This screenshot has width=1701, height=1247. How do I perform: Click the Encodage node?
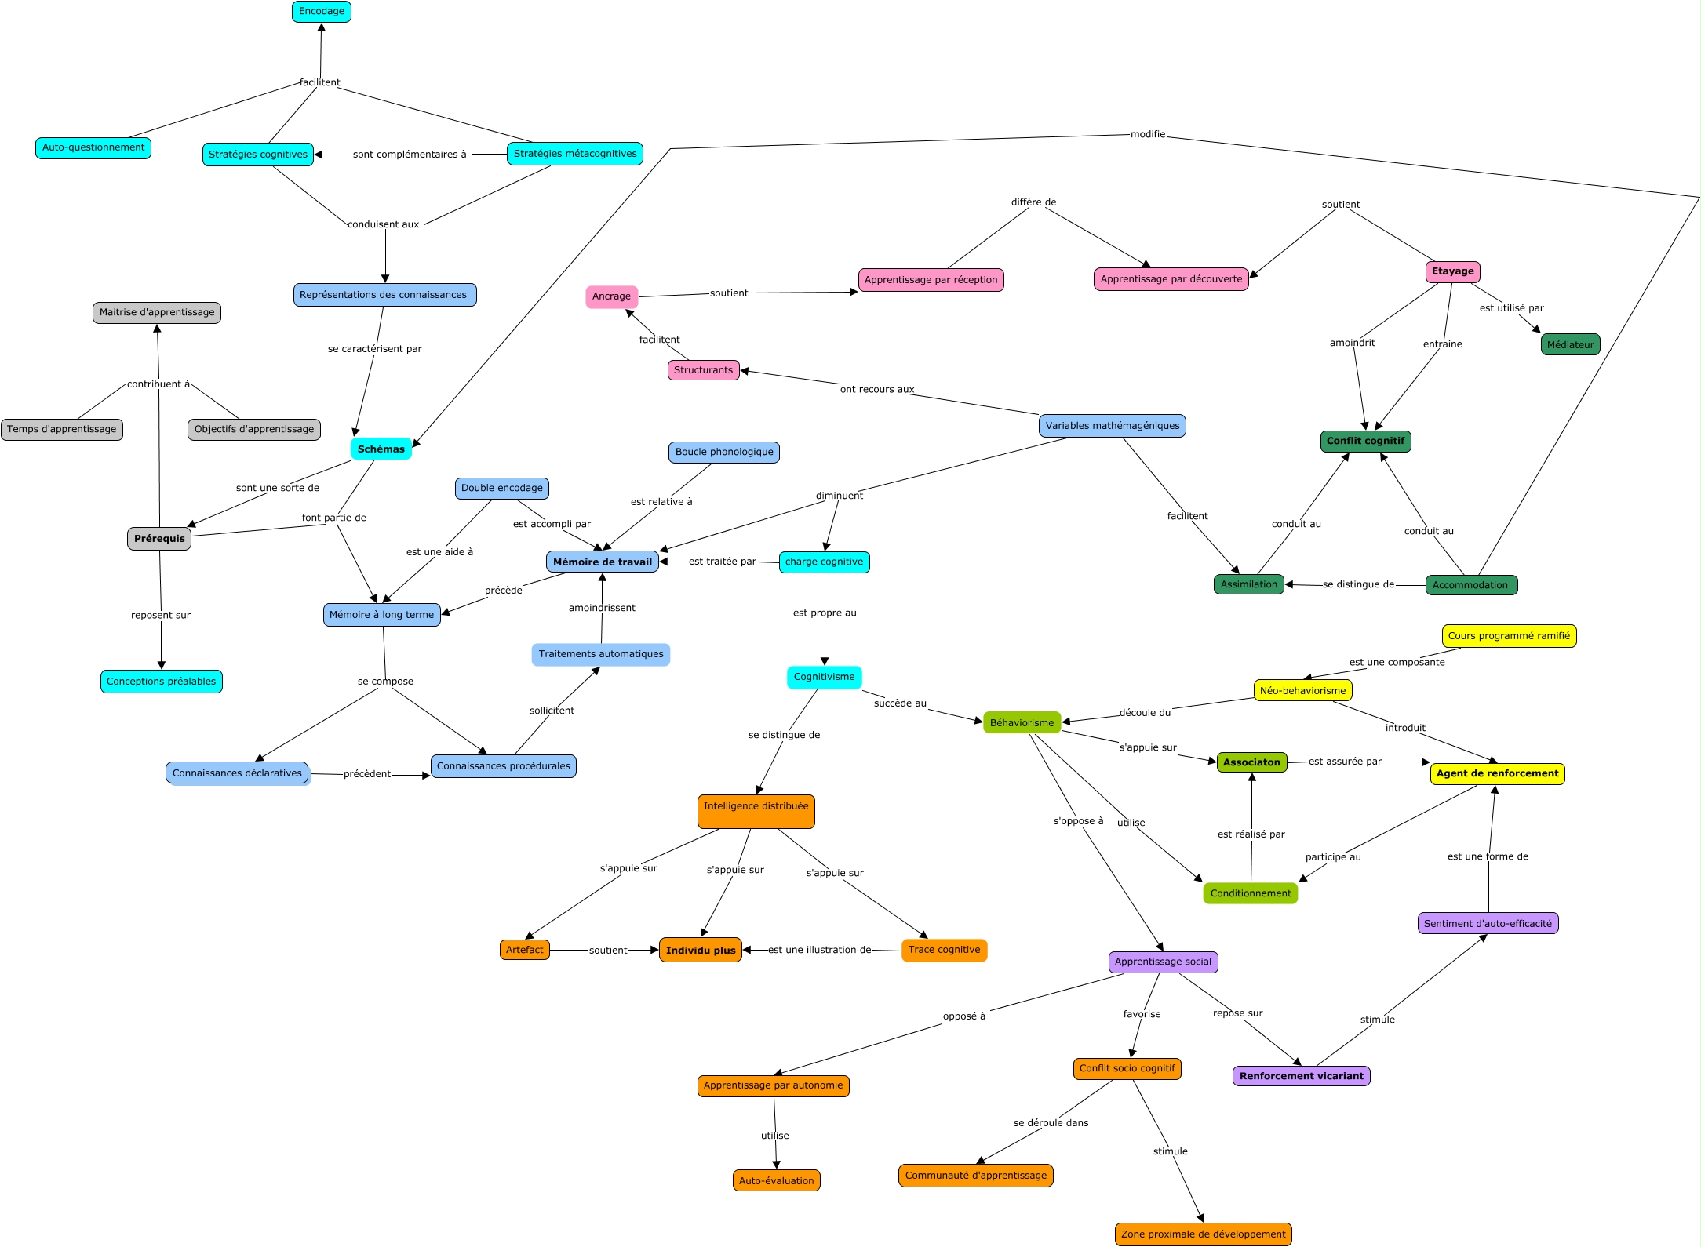click(322, 12)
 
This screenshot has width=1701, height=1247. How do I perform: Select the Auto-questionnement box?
click(93, 147)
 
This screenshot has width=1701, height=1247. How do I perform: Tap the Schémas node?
click(381, 449)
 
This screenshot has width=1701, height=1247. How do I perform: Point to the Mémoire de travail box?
click(603, 562)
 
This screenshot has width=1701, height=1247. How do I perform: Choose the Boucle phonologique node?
click(724, 452)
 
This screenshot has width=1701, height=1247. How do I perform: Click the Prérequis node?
click(159, 539)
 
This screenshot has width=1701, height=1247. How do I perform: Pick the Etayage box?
click(1453, 271)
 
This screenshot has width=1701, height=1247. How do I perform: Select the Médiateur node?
click(1571, 344)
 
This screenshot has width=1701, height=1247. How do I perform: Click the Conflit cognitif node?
click(1366, 441)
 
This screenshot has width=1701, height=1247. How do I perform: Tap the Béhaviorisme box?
click(1022, 722)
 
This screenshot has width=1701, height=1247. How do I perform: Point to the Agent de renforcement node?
click(1498, 773)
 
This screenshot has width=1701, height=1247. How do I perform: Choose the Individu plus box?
click(701, 950)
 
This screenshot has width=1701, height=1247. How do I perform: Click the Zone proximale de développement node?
click(1204, 1234)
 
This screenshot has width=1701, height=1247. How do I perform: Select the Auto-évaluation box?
click(777, 1180)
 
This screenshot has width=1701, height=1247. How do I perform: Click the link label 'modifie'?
click(1148, 134)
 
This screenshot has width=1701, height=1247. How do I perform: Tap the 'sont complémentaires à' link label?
click(410, 155)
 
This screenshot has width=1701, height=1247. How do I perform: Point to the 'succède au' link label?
click(900, 703)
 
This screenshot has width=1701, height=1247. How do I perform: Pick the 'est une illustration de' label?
click(820, 950)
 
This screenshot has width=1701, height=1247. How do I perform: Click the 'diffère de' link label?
click(1033, 202)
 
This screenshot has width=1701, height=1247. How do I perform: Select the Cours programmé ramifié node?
click(1510, 636)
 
